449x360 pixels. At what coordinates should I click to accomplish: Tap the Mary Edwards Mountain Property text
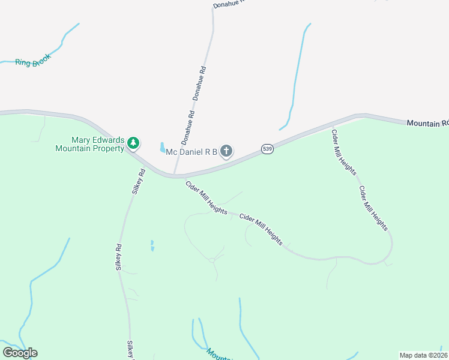(89, 143)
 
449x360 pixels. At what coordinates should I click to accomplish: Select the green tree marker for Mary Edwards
(133, 143)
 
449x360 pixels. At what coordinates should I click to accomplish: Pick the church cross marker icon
(226, 151)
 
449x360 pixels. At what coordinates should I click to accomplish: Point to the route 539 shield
(268, 149)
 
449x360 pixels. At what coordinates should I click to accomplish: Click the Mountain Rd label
(427, 122)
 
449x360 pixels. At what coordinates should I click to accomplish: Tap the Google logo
(20, 353)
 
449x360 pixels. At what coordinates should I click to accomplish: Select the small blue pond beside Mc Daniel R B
(162, 147)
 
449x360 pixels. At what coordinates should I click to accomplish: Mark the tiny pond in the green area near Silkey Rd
(152, 245)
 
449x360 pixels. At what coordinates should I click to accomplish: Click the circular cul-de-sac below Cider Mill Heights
(212, 260)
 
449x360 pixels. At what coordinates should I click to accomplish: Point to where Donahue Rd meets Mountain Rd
(175, 176)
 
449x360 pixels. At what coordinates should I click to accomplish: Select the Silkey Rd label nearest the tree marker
(138, 182)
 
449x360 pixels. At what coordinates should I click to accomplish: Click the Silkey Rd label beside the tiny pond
(119, 256)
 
